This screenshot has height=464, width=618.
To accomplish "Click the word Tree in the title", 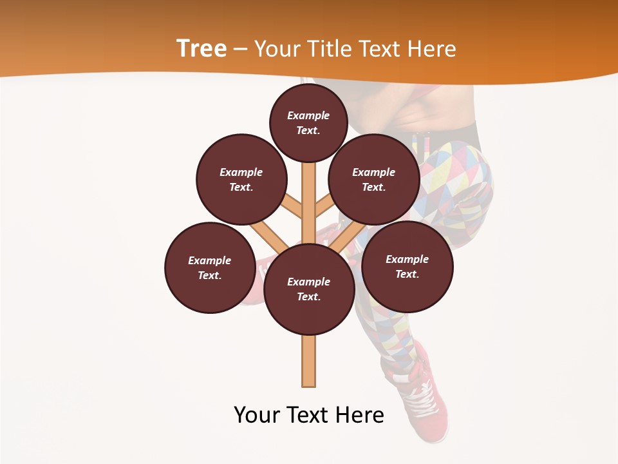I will pos(201,48).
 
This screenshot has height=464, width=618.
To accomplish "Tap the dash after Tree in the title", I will pos(240,49).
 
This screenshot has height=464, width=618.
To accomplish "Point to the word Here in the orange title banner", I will pos(432,48).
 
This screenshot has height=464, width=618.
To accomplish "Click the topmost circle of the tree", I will pos(308,122).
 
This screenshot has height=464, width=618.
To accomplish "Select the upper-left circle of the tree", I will pos(241,179).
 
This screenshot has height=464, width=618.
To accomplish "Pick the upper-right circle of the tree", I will pos(373,179).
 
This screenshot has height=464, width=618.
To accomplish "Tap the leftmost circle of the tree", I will pos(209,267).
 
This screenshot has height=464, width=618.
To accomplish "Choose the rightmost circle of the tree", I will pos(407,266).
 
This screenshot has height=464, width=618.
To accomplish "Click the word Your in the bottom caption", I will pos(256,415).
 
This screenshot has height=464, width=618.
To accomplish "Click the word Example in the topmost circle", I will pos(308,115).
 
